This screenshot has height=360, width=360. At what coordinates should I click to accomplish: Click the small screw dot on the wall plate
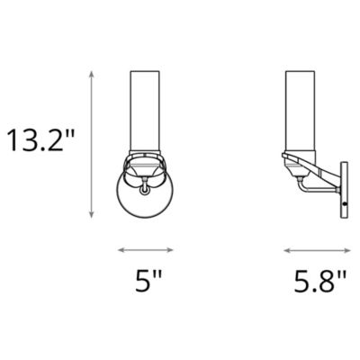[346, 204]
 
